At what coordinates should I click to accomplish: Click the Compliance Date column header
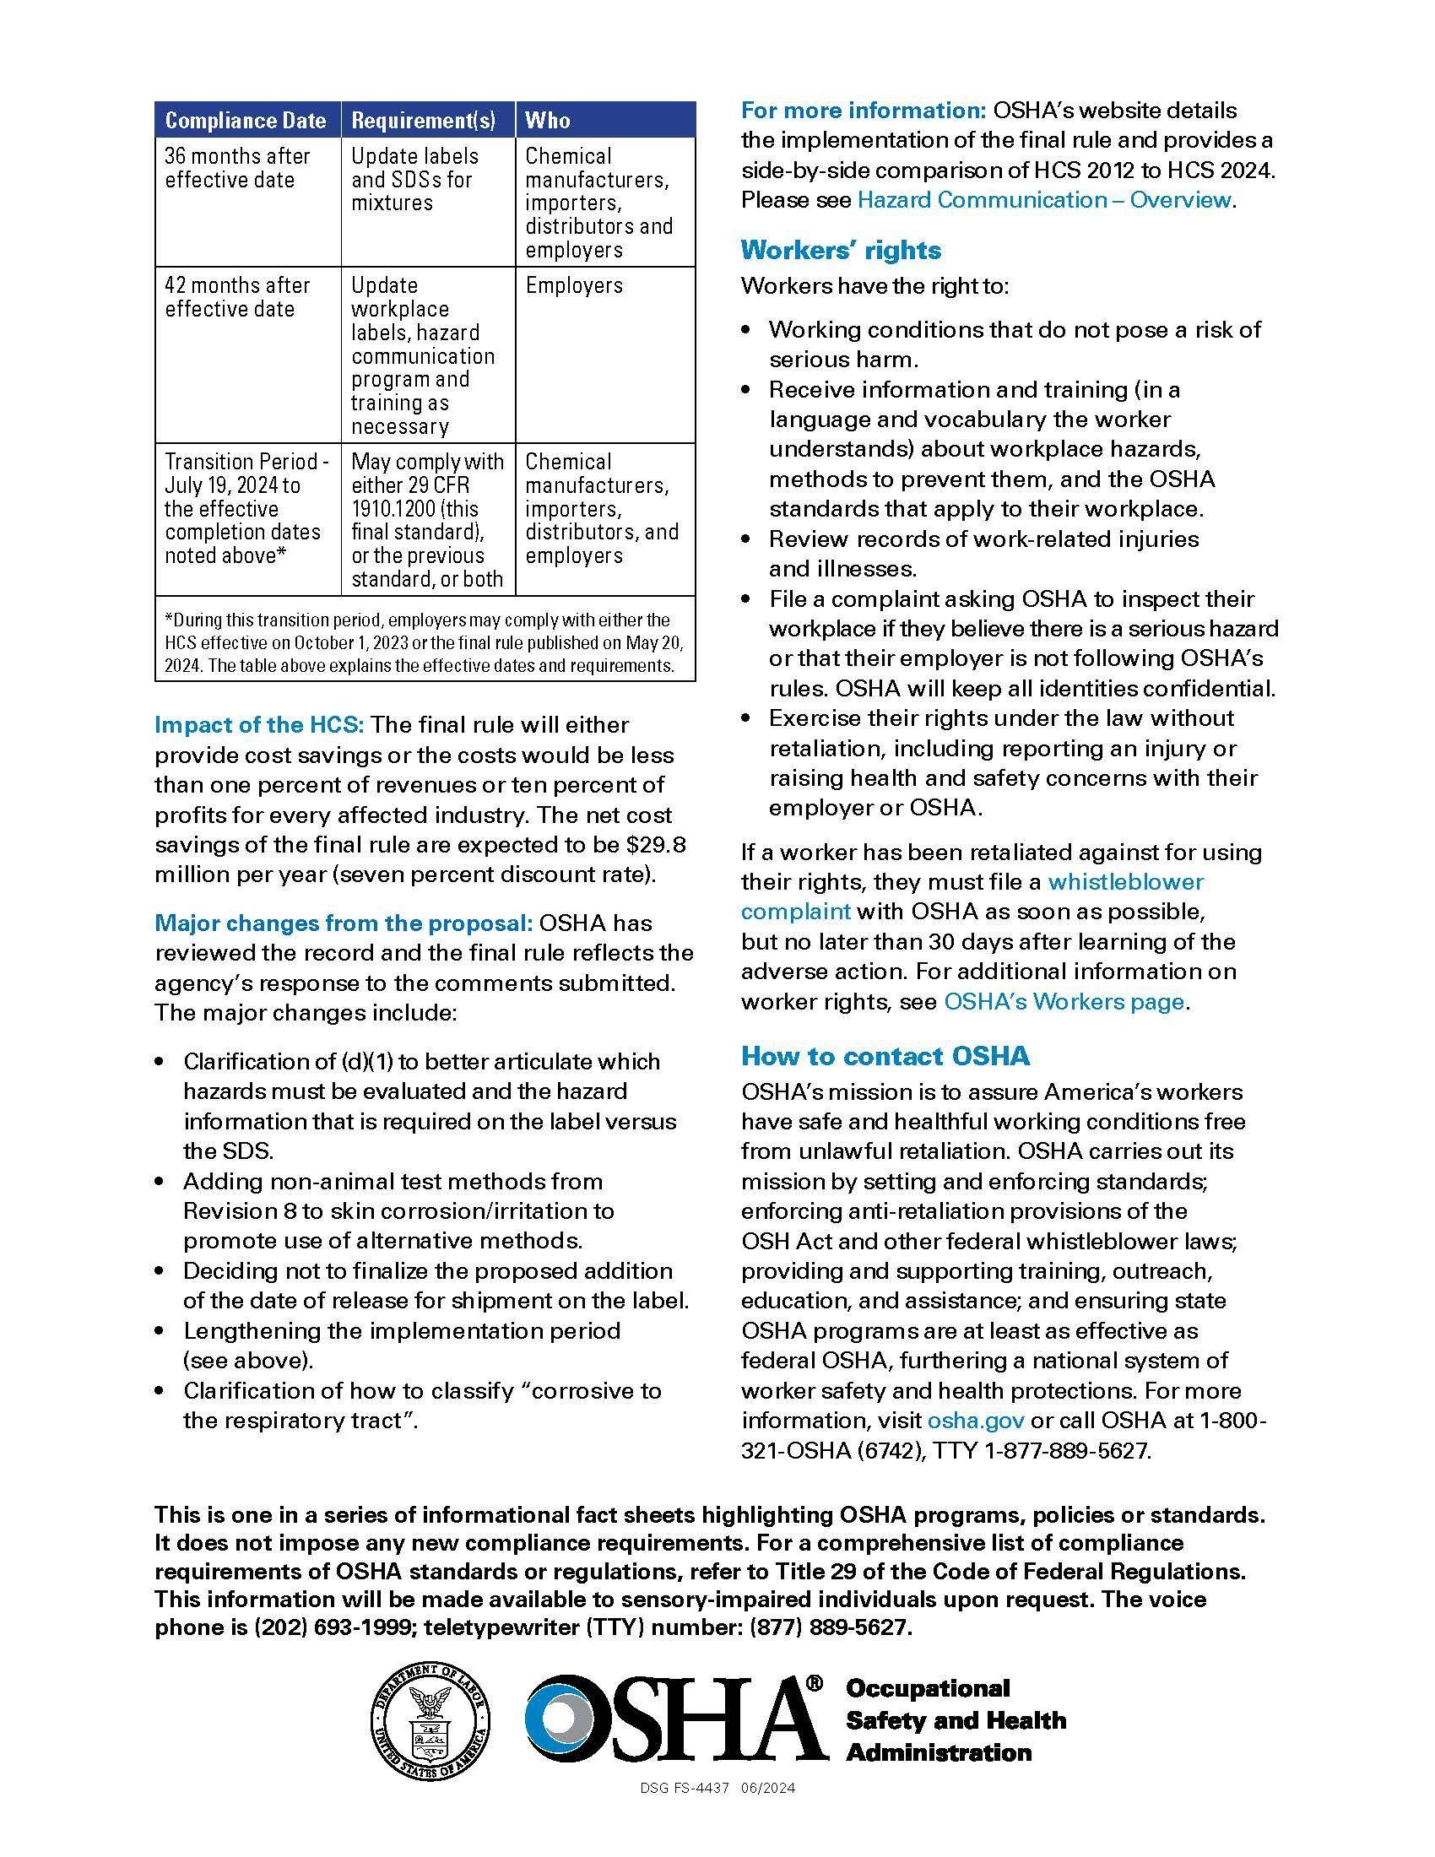point(246,121)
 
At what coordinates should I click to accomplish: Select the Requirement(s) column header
point(424,121)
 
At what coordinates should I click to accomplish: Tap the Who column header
point(549,121)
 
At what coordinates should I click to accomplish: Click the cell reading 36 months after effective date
point(238,168)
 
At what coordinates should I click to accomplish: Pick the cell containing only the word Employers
point(574,285)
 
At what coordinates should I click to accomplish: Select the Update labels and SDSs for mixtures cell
point(414,180)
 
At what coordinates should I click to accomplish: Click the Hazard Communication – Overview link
point(1044,200)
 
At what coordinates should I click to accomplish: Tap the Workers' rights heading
point(841,250)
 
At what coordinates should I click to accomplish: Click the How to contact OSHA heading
point(885,1056)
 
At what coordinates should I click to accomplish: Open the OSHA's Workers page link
point(1064,1002)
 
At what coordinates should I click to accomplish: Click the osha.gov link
point(975,1421)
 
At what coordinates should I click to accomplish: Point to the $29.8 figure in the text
point(656,845)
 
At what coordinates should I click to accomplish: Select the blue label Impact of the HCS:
point(259,725)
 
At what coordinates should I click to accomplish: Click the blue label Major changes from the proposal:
point(344,923)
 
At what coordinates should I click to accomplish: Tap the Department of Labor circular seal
point(430,1721)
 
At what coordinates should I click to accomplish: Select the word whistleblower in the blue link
point(1125,882)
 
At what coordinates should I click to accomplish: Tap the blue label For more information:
point(863,111)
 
